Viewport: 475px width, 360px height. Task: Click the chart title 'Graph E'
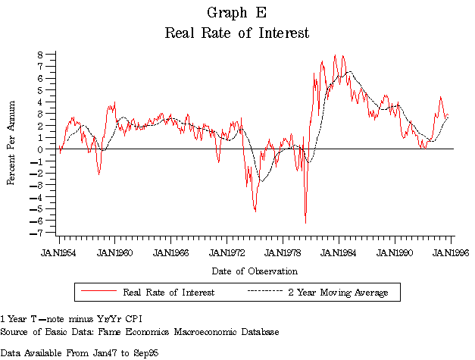tap(236, 13)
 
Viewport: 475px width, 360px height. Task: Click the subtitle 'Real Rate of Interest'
tap(236, 33)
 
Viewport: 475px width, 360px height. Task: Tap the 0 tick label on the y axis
tap(43, 149)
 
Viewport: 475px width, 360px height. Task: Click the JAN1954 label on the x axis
tap(58, 252)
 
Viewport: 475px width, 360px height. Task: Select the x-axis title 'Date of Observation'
tap(255, 271)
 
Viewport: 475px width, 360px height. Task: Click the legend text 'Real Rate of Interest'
tap(168, 292)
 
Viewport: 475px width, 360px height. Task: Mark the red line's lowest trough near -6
tap(305, 222)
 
